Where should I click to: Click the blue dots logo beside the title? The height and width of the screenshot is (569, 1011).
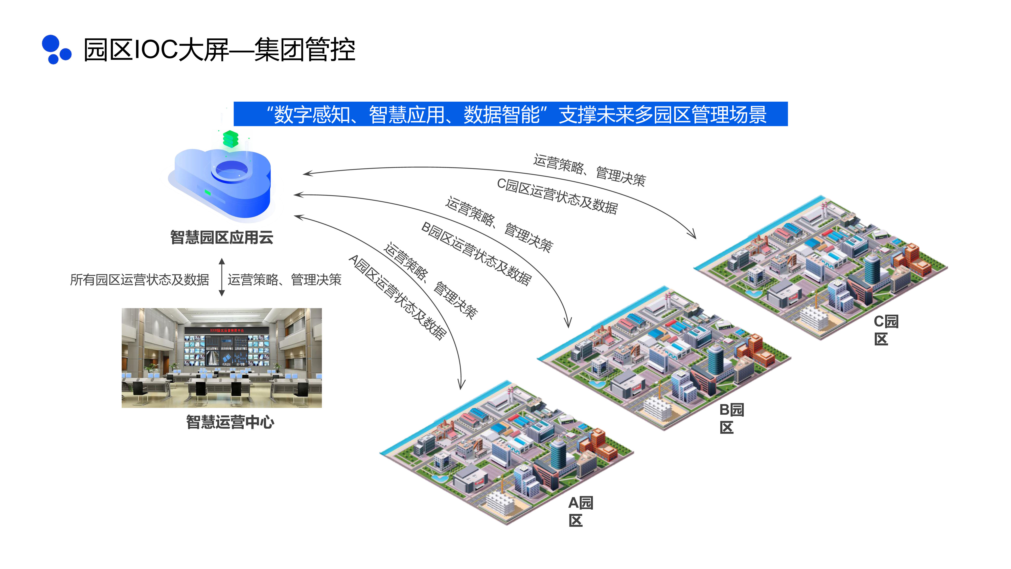point(56,50)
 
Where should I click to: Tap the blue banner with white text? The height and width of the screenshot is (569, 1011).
point(510,114)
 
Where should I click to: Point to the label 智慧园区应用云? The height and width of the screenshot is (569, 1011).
point(222,237)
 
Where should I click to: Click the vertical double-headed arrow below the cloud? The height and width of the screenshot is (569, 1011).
point(222,277)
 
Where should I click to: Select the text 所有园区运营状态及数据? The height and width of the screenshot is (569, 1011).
point(139,280)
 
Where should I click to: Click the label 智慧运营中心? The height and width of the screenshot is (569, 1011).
point(230,422)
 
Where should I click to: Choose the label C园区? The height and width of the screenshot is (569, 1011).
point(885,330)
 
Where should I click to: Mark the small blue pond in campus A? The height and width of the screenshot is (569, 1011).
point(439,478)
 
